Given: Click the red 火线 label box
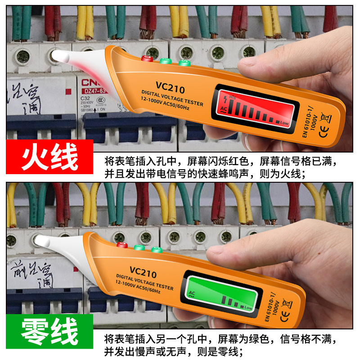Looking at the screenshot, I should [49, 156].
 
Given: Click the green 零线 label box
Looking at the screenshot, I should [49, 333].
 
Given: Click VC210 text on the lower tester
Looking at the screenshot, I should [143, 273].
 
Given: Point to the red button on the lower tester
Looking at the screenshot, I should [121, 245].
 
